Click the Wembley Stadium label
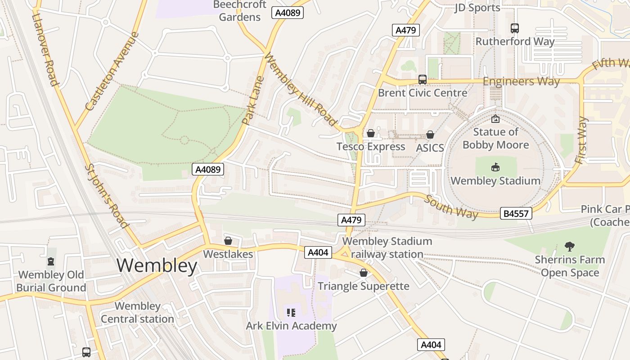point(495,181)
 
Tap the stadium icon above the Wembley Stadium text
point(495,167)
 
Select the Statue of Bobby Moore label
point(495,139)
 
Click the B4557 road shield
point(516,213)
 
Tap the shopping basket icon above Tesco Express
point(371,133)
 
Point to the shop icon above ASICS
point(430,135)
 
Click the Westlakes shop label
point(228,254)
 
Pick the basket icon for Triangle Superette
point(364,273)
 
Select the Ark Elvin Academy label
point(291,326)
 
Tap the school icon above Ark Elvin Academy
point(291,312)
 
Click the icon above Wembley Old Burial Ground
point(51,261)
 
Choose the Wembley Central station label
point(137,313)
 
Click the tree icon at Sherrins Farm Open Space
point(570,246)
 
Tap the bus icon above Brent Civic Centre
point(423,80)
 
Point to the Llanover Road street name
point(45,49)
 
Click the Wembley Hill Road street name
point(300,90)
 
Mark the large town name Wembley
point(157,265)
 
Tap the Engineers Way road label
point(521,81)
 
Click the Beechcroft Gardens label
point(239,11)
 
